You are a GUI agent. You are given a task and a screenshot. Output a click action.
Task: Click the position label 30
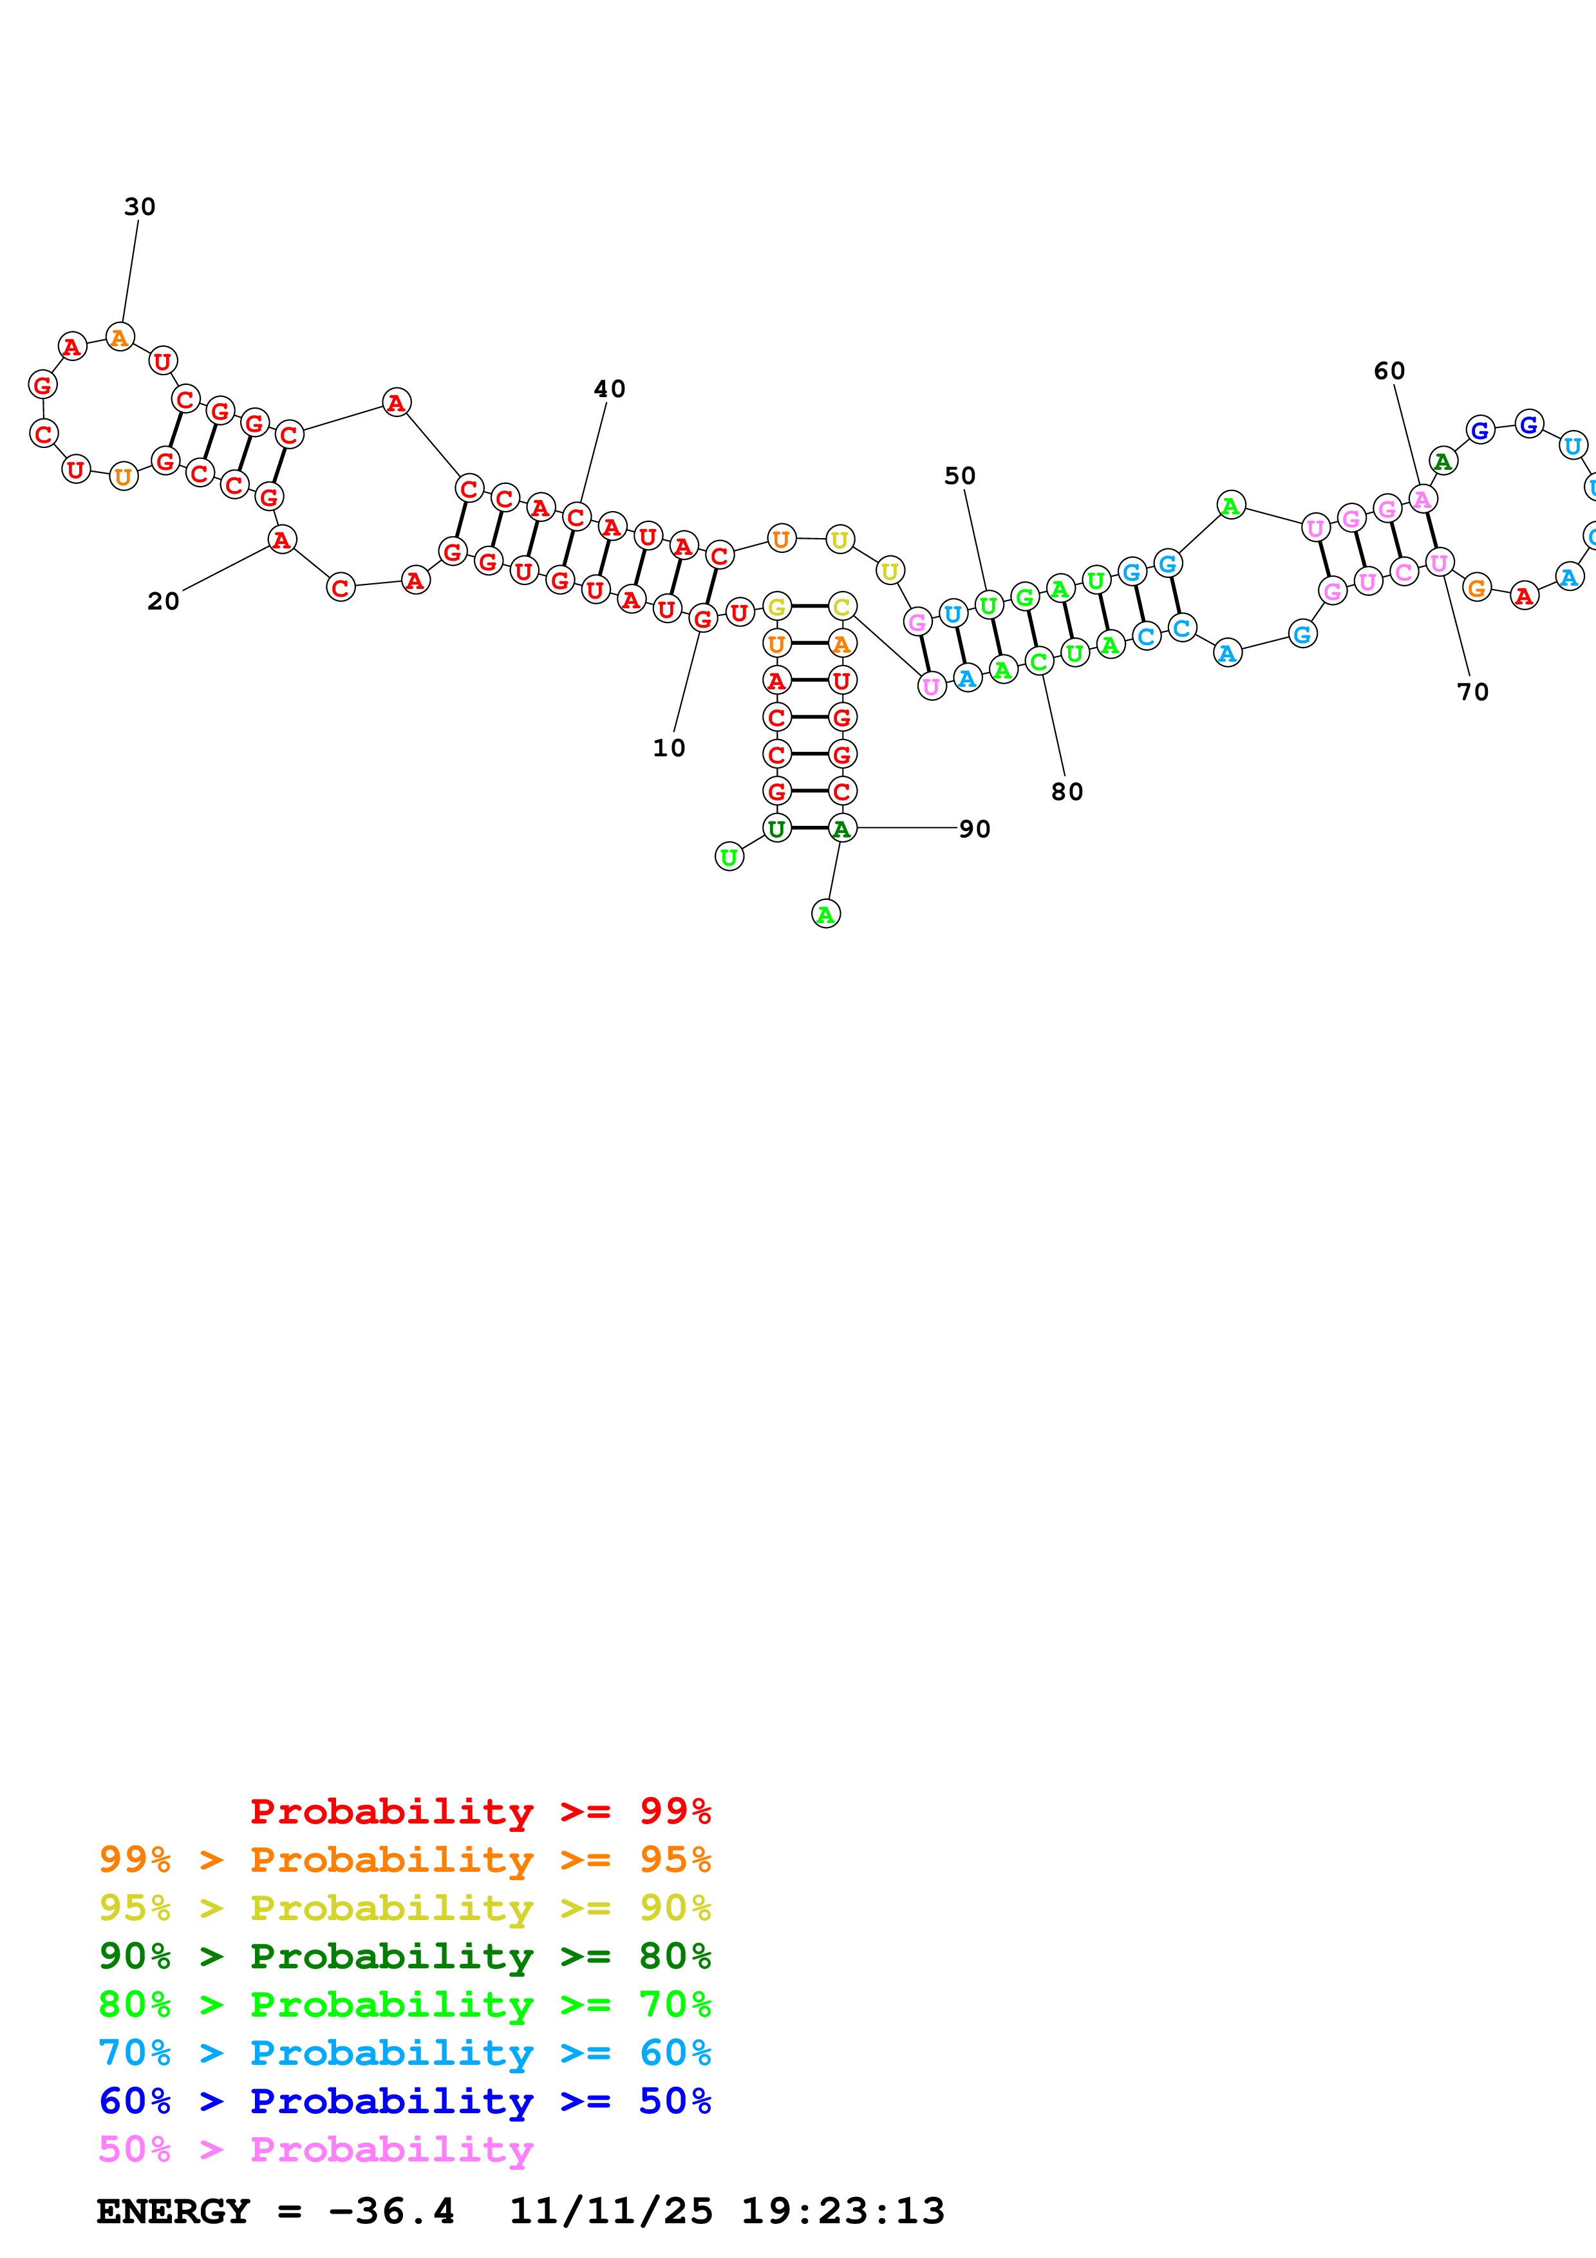[140, 207]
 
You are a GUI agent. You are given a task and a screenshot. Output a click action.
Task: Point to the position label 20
[164, 602]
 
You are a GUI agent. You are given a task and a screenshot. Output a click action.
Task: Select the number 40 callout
[608, 389]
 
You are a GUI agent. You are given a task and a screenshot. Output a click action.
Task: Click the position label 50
[960, 476]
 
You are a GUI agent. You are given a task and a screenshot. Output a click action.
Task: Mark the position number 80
[1067, 792]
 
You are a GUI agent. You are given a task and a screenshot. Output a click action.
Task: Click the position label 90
[975, 829]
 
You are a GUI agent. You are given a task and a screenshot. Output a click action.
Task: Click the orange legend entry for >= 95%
[404, 1859]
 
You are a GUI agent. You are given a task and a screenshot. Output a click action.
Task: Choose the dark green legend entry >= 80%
[404, 1956]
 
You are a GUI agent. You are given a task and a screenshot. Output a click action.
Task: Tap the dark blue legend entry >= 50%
[404, 2101]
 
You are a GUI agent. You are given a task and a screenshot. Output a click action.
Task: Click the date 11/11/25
[611, 2211]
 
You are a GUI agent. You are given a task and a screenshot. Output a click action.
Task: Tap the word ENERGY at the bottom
[173, 2211]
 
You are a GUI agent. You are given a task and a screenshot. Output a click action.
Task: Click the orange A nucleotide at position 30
[120, 337]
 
